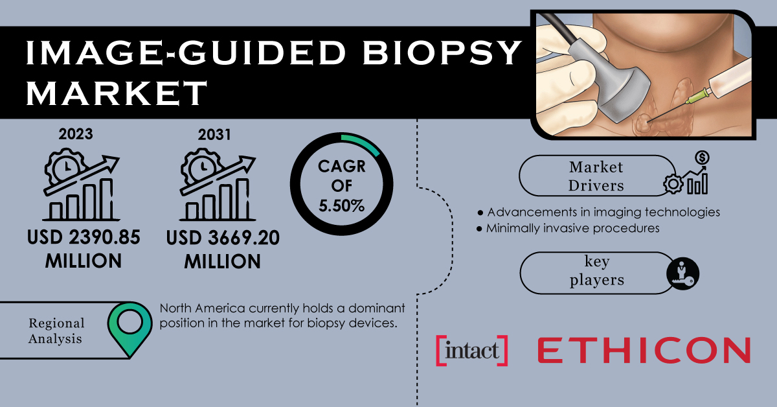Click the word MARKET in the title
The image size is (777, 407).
117,93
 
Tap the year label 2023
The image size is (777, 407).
76,134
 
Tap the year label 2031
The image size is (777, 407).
214,135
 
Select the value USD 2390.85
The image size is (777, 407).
84,238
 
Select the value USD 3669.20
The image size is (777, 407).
223,238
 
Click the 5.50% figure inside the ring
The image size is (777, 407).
342,206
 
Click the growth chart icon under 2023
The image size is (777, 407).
82,185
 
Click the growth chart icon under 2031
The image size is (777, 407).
218,185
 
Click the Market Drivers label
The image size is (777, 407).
596,176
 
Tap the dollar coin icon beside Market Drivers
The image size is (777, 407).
703,157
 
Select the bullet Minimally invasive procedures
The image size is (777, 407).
569,228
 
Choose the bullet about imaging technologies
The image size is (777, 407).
599,212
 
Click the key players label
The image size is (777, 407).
596,270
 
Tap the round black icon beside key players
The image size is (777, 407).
682,273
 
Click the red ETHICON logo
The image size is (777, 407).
644,351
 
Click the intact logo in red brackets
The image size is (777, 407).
472,351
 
